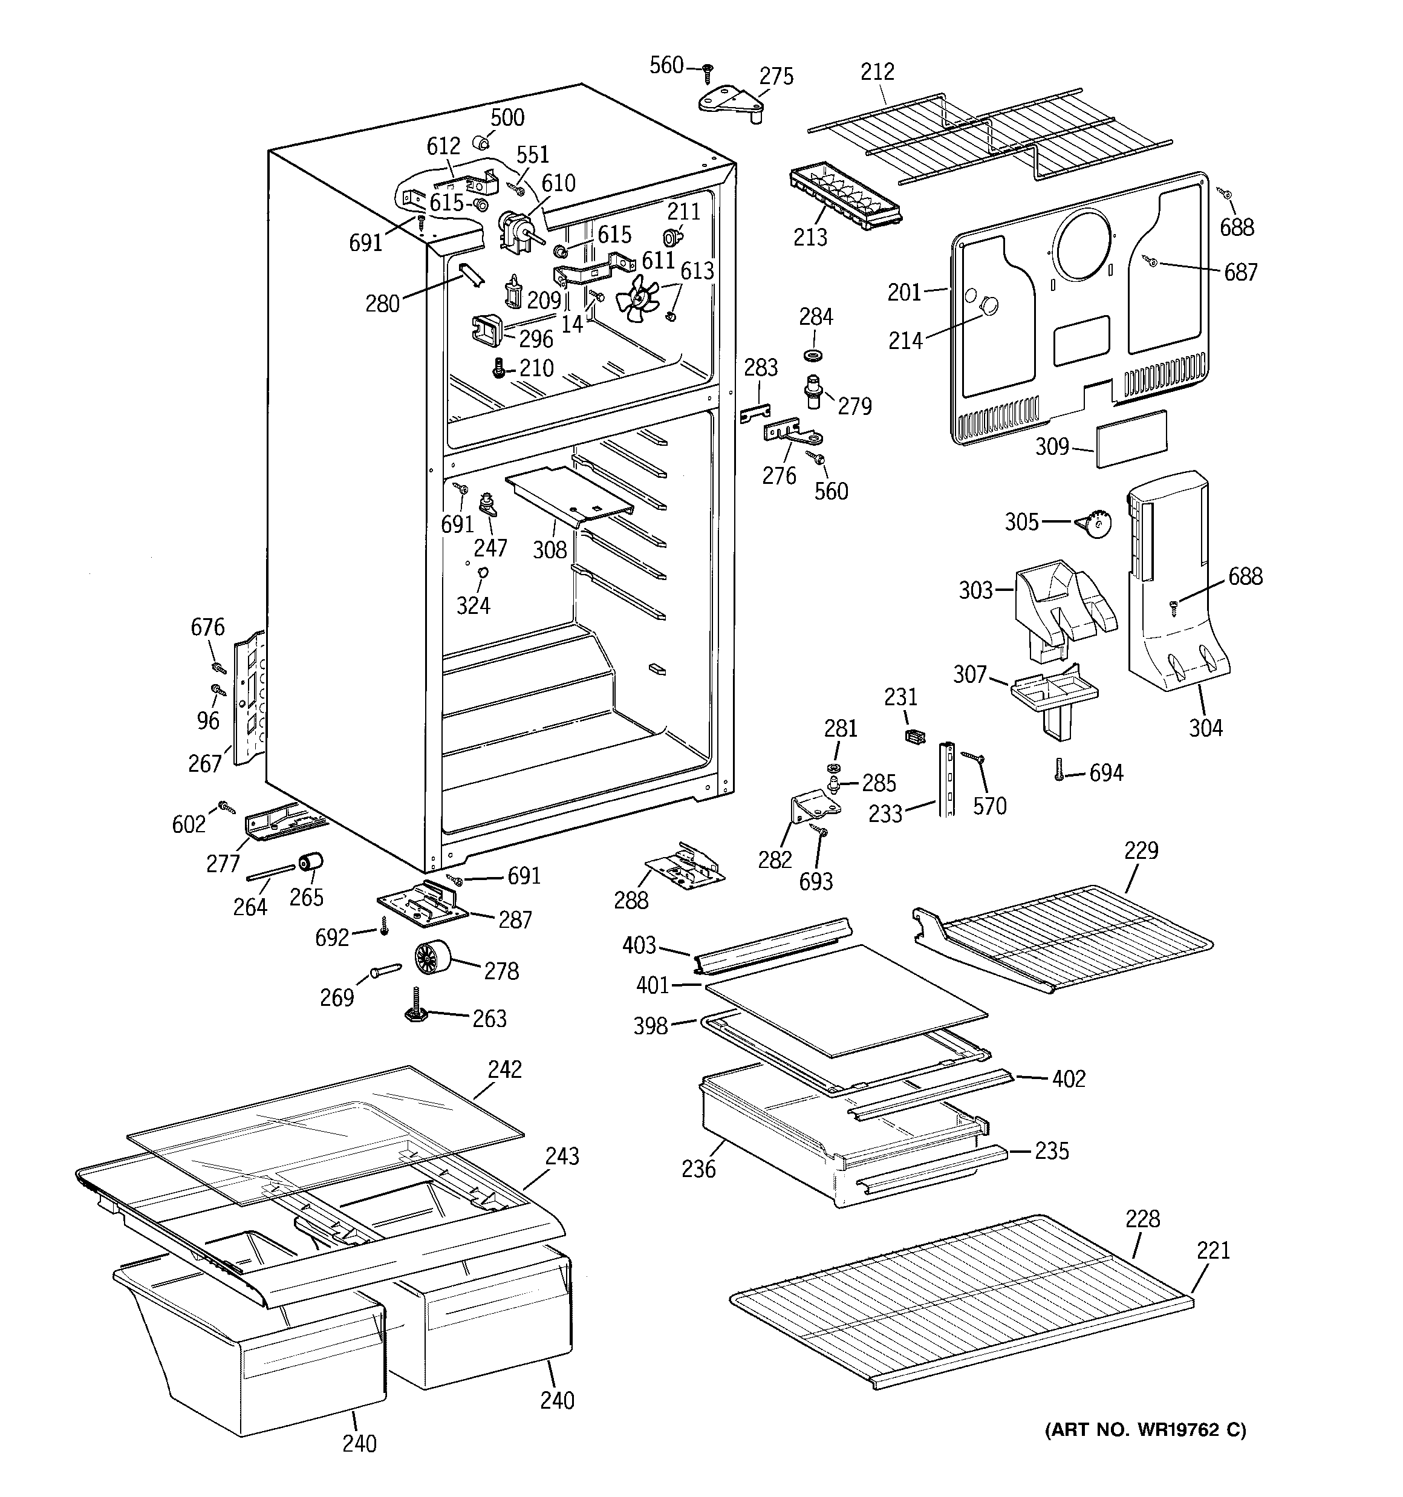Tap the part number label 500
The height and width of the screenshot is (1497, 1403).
[x=507, y=117]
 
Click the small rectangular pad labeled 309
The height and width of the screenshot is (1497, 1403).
[x=1131, y=439]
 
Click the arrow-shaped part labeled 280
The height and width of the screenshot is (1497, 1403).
[x=469, y=275]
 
